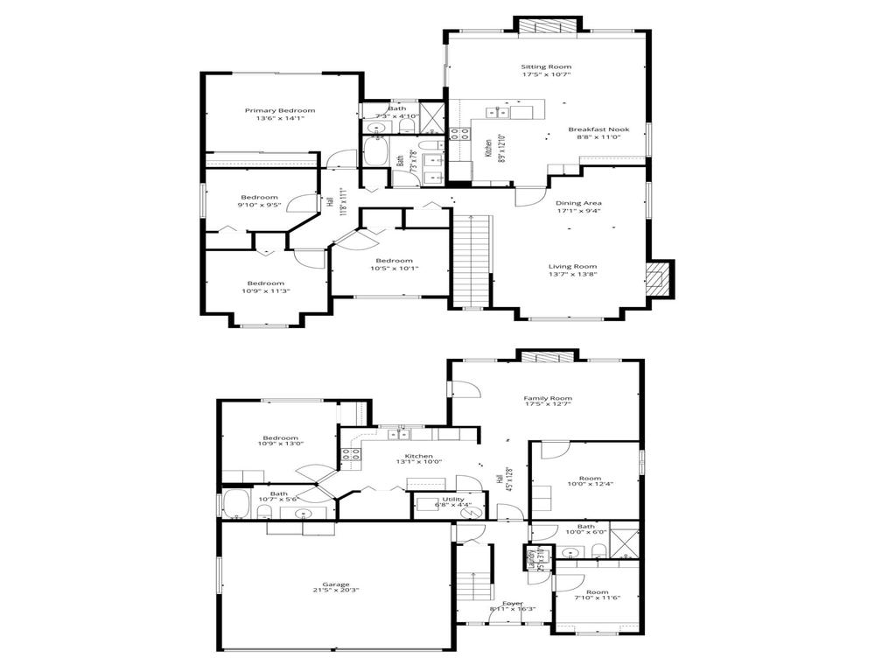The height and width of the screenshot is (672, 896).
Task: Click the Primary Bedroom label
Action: pos(279,110)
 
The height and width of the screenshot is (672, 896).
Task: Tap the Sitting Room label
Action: pos(546,66)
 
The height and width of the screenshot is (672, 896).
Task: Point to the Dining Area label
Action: pos(578,203)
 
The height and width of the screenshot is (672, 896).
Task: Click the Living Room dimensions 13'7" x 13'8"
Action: pos(572,274)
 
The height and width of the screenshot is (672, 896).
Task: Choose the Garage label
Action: pos(335,584)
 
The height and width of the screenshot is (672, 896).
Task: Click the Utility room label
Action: pos(453,499)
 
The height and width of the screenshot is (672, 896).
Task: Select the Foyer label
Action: pos(513,603)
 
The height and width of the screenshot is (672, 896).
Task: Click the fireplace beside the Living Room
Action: pos(656,279)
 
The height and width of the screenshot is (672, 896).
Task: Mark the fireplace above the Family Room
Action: pos(548,356)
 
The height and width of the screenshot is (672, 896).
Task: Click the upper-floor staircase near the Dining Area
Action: pos(472,262)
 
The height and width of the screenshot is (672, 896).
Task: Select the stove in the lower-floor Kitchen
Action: pos(351,453)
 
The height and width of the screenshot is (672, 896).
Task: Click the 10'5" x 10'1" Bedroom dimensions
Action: pos(394,269)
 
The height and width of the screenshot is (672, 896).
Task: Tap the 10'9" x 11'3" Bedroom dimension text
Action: pos(264,291)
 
